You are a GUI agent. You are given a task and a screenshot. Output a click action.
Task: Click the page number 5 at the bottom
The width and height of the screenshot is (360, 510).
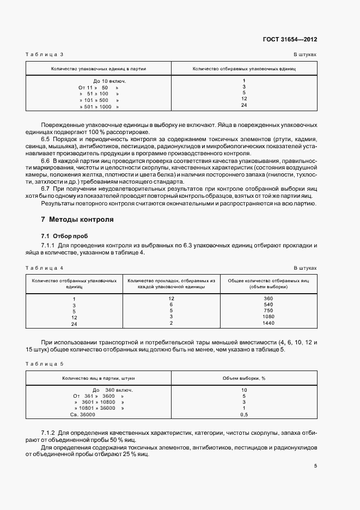click(315, 465)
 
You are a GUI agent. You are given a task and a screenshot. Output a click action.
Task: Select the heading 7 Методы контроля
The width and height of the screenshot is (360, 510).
click(77, 220)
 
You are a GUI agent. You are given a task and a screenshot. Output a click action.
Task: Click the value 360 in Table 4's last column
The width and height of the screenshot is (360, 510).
click(268, 299)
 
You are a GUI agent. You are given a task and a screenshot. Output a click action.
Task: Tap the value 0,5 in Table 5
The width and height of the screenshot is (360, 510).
click(244, 415)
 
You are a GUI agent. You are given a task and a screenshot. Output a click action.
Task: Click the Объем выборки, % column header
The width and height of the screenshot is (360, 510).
click(244, 378)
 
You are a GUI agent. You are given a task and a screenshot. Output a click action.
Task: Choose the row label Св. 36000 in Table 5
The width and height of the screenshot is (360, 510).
click(83, 415)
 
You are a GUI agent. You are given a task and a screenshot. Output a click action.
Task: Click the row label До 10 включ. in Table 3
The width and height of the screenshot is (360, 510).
click(106, 81)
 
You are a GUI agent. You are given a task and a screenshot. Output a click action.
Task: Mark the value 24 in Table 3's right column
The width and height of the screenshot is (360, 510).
click(244, 105)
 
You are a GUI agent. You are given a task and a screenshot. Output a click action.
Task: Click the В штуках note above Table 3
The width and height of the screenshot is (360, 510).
click(305, 55)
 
